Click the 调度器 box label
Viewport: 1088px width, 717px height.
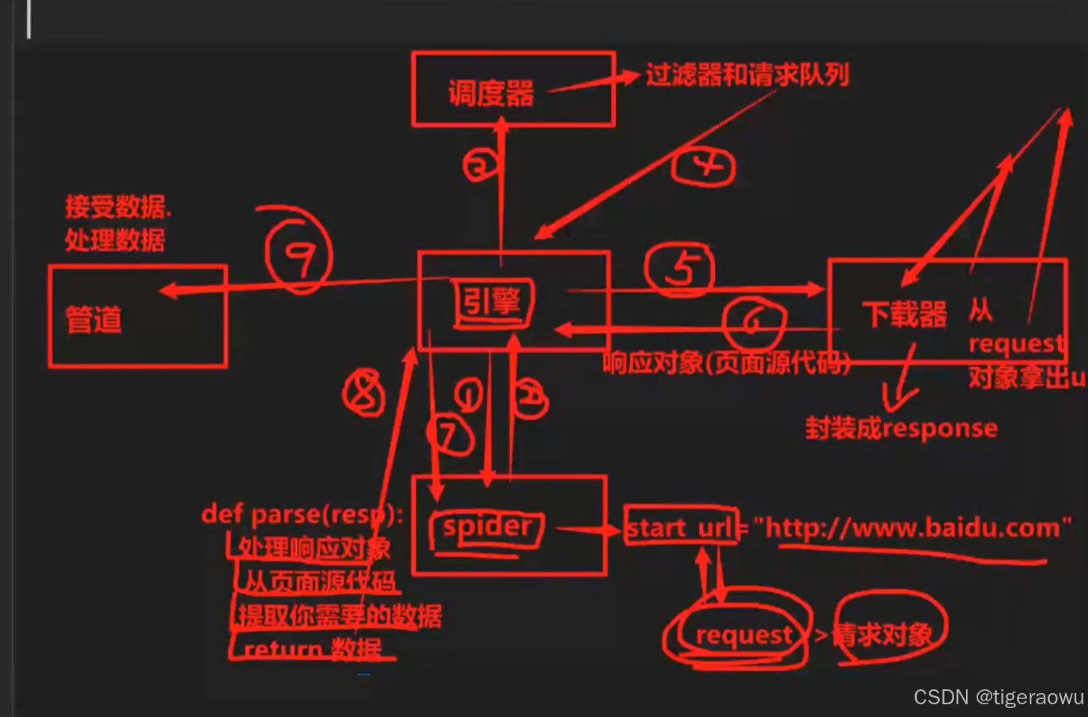(x=491, y=93)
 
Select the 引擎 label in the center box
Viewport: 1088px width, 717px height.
(x=491, y=303)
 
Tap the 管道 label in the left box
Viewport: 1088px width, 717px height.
(x=94, y=319)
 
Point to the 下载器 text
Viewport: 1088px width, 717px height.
(x=904, y=314)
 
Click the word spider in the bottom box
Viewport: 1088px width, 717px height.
(x=487, y=527)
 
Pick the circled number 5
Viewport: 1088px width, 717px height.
(x=680, y=268)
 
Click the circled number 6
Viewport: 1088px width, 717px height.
(x=754, y=322)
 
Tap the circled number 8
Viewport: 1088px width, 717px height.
(x=364, y=393)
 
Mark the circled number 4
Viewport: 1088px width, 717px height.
(x=704, y=166)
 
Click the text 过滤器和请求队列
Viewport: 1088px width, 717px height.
(x=747, y=76)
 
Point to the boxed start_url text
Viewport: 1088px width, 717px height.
(x=680, y=528)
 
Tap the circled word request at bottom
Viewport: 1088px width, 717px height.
(x=743, y=635)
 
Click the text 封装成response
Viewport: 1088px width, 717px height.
(x=901, y=428)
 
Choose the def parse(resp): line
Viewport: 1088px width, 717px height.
(x=302, y=514)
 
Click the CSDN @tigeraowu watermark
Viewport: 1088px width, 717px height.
(x=998, y=698)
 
